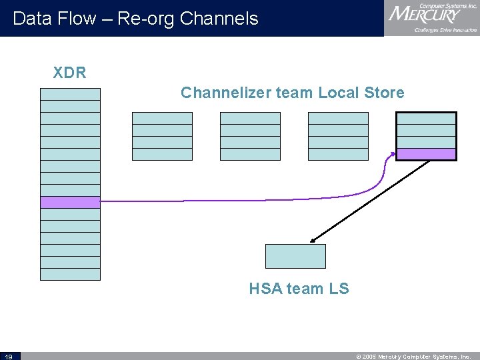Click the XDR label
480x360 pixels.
[x=70, y=73]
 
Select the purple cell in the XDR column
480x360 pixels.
[x=70, y=202]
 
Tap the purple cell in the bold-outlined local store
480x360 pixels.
[x=426, y=154]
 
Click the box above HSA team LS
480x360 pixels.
[x=295, y=256]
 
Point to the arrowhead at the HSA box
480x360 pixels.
[x=313, y=241]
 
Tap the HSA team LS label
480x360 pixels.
[x=299, y=289]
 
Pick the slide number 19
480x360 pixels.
[x=9, y=356]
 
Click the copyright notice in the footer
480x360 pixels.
[x=414, y=356]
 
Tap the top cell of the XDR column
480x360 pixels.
[x=70, y=94]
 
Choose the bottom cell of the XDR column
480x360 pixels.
[x=70, y=274]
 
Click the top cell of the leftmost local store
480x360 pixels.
[x=162, y=118]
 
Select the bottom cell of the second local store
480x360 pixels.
[x=250, y=154]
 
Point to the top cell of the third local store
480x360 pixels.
[x=338, y=118]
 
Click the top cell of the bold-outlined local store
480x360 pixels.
[x=426, y=119]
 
